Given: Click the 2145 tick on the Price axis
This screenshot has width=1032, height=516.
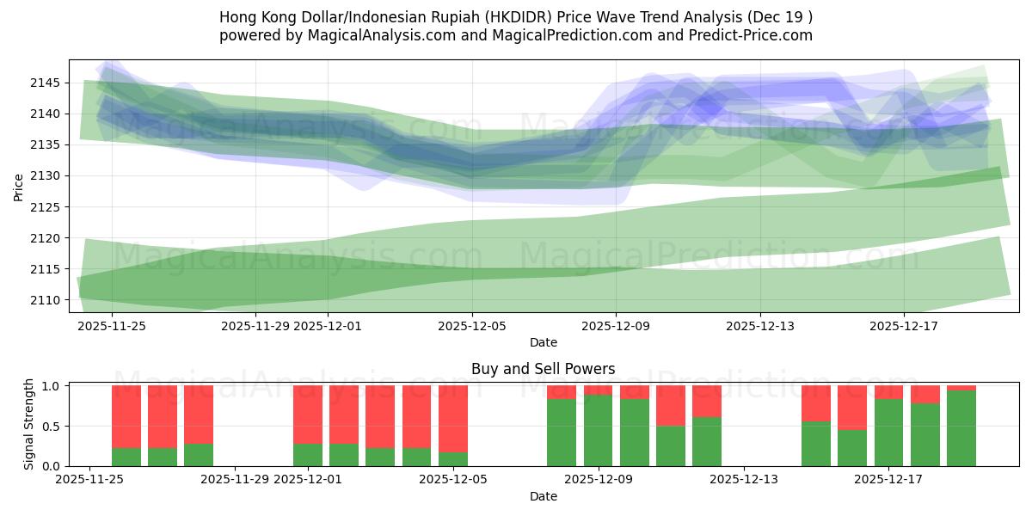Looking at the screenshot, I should click(x=46, y=83).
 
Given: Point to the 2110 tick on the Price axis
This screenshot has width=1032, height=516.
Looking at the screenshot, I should click(x=46, y=300).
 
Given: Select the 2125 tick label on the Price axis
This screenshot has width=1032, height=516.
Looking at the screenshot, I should click(x=46, y=207).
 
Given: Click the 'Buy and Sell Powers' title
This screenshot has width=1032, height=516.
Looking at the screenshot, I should click(x=543, y=369).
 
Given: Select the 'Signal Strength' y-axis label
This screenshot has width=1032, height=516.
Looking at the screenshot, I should click(x=29, y=424).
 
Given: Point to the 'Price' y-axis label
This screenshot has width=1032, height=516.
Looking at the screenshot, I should click(x=19, y=186).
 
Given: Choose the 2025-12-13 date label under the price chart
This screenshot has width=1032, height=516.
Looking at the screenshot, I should click(x=759, y=326).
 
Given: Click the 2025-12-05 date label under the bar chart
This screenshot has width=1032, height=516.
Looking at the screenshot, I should click(x=452, y=480).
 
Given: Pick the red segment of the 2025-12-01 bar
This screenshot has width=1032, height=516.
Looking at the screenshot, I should click(x=308, y=414).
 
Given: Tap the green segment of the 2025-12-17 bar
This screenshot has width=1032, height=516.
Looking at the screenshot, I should click(x=888, y=433).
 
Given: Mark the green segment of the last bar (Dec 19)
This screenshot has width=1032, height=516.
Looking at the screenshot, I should click(x=961, y=428).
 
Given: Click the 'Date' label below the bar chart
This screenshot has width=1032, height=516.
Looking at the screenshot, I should click(x=543, y=496).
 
